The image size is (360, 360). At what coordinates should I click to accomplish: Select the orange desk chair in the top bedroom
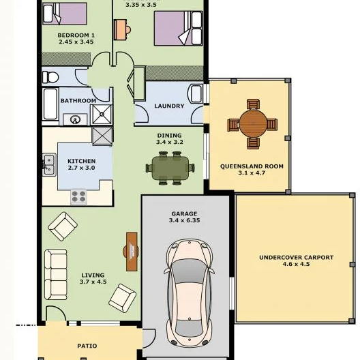[121, 29]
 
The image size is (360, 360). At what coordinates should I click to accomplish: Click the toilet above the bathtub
[52, 76]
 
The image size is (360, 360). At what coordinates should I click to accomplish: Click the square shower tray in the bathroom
[102, 114]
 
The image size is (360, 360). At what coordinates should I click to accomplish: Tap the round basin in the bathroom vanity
[74, 120]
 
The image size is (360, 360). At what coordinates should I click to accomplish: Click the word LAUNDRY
[169, 106]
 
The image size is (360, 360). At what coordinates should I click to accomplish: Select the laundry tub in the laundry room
[195, 93]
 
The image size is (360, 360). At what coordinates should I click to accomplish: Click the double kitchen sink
[48, 164]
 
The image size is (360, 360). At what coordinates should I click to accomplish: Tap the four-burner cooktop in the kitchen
[79, 197]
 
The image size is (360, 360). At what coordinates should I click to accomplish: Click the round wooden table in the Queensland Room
[253, 124]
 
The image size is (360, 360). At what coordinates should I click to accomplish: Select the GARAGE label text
[183, 213]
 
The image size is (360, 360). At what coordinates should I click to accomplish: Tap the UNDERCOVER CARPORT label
[296, 257]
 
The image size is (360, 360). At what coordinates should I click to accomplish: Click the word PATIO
[87, 346]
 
